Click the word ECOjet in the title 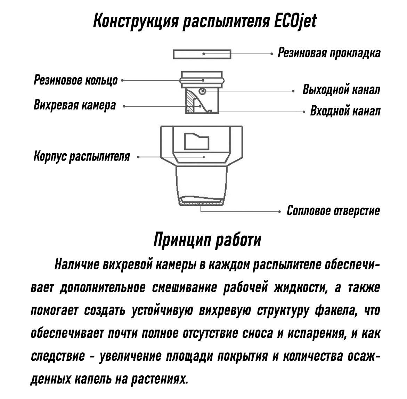click(295, 21)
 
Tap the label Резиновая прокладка click(329, 53)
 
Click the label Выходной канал click(341, 90)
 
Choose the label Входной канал click(345, 111)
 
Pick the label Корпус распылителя click(82, 156)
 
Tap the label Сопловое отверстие click(333, 211)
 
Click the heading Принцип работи click(207, 240)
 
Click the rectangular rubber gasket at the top click(202, 54)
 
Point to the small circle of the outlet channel click(202, 91)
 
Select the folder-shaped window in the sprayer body click(196, 141)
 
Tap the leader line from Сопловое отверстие click(239, 212)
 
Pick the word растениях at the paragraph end click(159, 379)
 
